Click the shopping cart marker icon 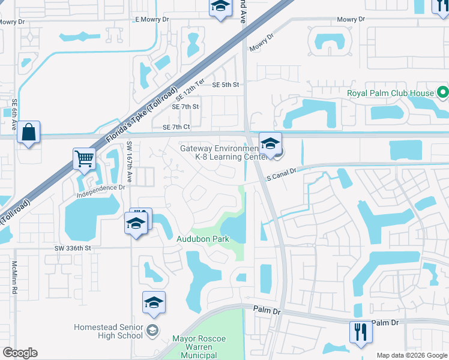point(84,160)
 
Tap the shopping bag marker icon point(28,132)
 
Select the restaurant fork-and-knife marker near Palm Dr point(361,332)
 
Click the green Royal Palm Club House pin point(443,93)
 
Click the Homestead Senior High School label point(108,331)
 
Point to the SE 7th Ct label point(176,127)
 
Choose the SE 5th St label point(226,85)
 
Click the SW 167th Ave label point(129,162)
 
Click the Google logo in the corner point(20,353)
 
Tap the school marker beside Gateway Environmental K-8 point(270,144)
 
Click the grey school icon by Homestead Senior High point(152,331)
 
